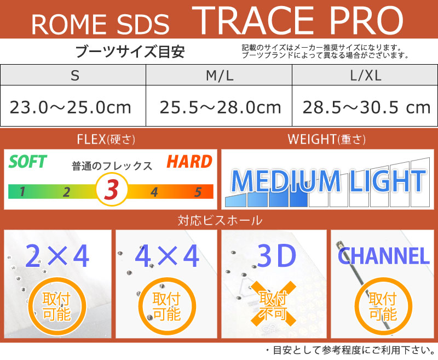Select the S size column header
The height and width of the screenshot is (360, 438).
pyautogui.click(x=74, y=76)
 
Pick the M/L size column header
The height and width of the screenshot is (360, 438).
pyautogui.click(x=220, y=76)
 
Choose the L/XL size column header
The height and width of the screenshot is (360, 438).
pyautogui.click(x=365, y=76)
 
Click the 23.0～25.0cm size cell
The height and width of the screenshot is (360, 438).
pyautogui.click(x=71, y=107)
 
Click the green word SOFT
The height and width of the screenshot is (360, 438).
pyautogui.click(x=28, y=162)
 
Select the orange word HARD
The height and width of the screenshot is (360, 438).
pyautogui.click(x=189, y=162)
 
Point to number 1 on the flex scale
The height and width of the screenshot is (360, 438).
pyautogui.click(x=22, y=192)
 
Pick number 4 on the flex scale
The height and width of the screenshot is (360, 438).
pyautogui.click(x=154, y=192)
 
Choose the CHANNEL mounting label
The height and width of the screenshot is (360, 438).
pyautogui.click(x=383, y=256)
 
